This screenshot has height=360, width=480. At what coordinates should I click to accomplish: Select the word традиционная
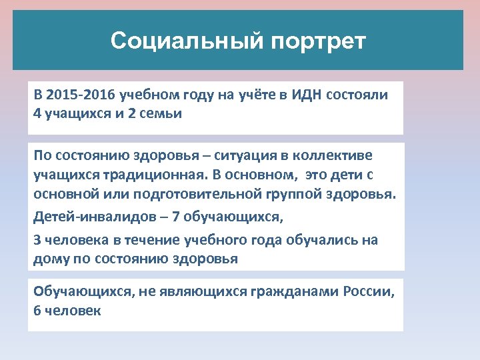(x=151, y=175)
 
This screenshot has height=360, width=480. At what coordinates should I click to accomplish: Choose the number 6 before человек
(x=37, y=311)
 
